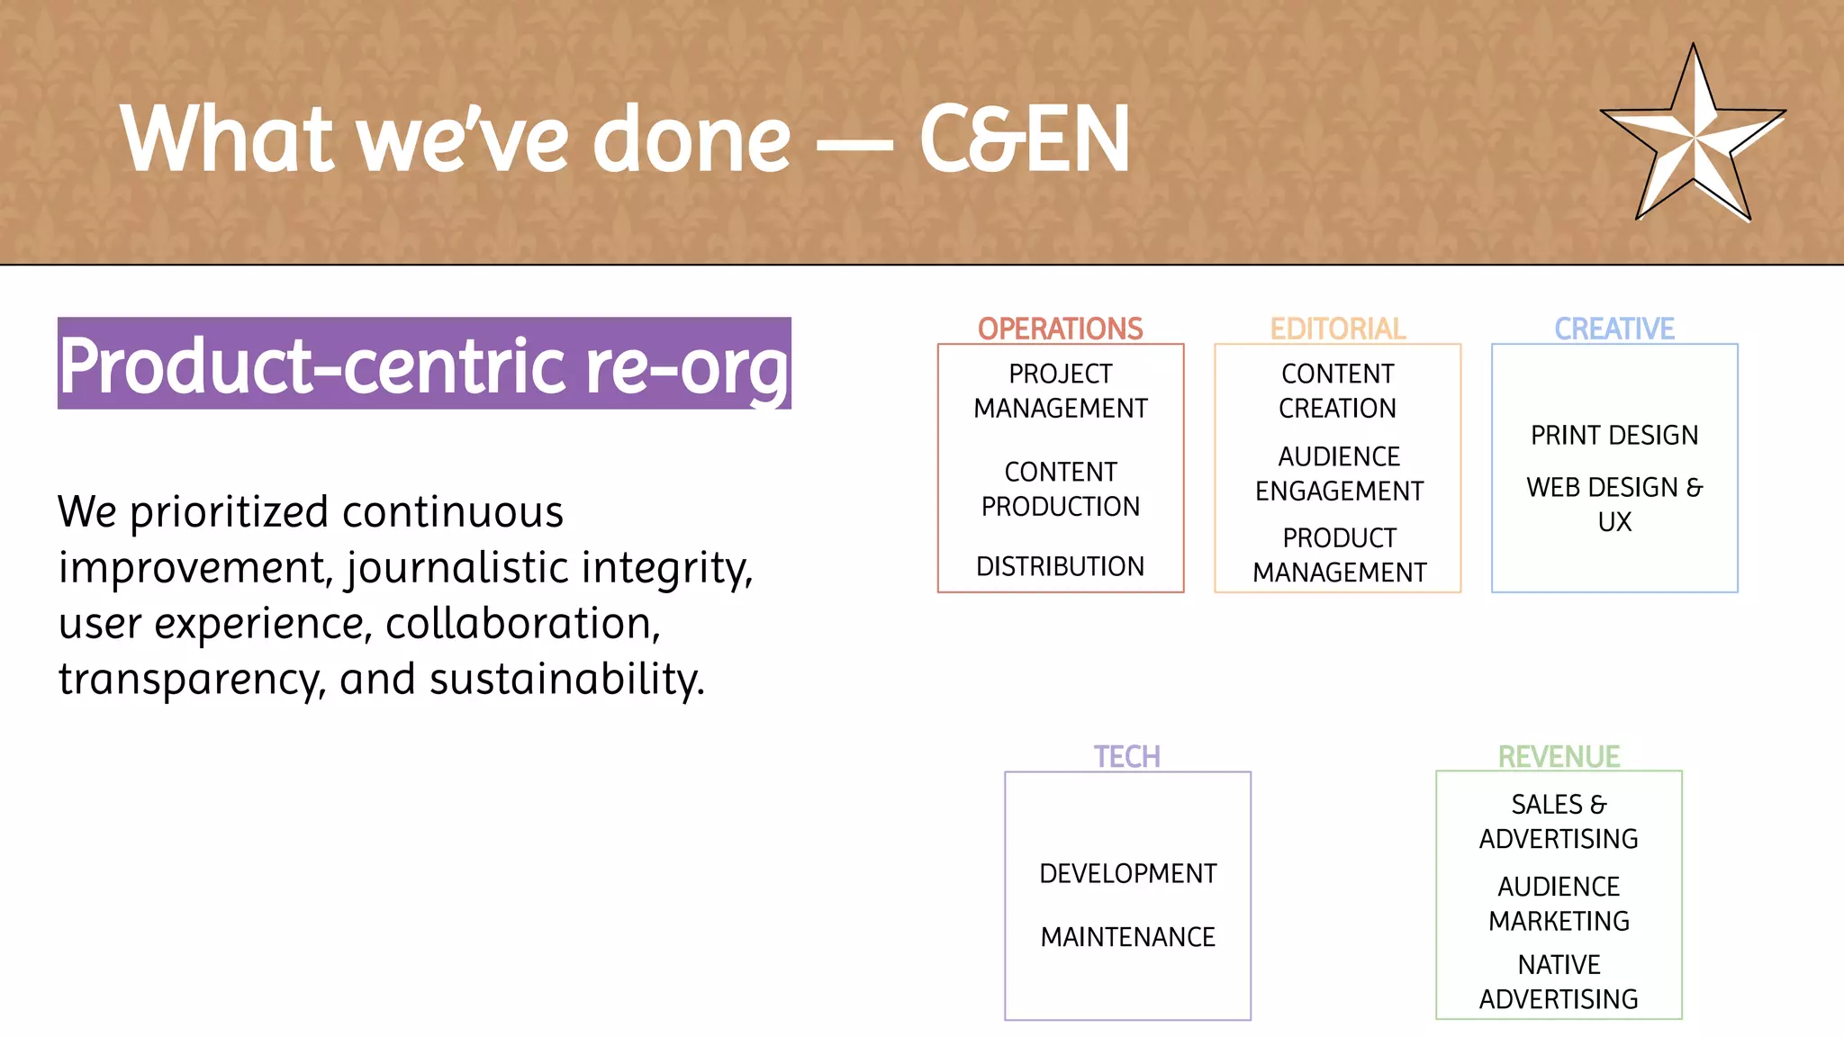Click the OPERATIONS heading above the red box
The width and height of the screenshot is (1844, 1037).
(1060, 329)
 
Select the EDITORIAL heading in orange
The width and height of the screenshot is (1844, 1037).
(1337, 329)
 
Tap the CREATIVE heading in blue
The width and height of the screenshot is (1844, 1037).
(1614, 329)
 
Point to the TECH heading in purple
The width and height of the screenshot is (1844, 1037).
(1126, 756)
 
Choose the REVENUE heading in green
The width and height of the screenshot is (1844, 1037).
(1559, 756)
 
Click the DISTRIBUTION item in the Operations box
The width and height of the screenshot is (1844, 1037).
(1060, 566)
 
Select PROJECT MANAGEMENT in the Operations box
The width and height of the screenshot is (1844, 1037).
(1060, 391)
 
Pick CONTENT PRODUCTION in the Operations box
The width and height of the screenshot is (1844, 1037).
(1060, 489)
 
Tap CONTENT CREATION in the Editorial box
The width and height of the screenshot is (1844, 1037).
(1337, 391)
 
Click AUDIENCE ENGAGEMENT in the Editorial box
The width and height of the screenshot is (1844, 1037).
(1339, 473)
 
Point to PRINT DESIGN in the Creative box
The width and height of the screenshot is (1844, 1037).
(1614, 435)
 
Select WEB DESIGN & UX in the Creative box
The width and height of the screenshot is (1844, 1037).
(1614, 504)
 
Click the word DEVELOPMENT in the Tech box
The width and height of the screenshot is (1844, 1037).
(1127, 873)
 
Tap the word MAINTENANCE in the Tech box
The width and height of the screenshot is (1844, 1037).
(1127, 937)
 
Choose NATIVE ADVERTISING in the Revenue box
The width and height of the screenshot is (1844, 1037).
(1559, 981)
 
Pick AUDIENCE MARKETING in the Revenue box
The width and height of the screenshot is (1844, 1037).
(1559, 903)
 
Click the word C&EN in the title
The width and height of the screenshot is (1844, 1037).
(1024, 139)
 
